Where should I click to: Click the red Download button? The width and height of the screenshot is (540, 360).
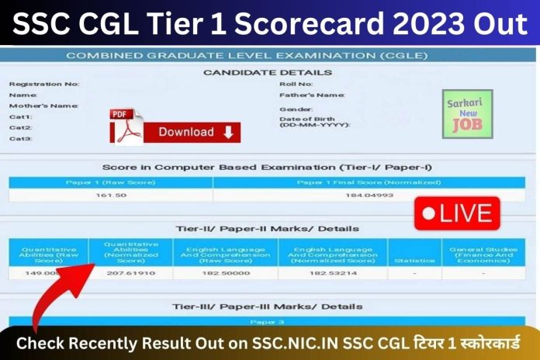195,133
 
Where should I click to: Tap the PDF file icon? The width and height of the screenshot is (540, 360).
126,126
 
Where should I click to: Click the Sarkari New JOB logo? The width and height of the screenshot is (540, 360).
467,114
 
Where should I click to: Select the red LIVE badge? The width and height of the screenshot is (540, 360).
457,213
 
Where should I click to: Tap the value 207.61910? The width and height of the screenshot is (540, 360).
135,273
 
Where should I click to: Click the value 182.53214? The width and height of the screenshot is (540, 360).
332,273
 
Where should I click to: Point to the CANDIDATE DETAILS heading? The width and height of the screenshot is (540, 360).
267,71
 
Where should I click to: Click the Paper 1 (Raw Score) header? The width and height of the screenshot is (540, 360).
111,182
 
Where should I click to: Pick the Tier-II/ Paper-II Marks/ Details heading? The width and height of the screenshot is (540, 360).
267,229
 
